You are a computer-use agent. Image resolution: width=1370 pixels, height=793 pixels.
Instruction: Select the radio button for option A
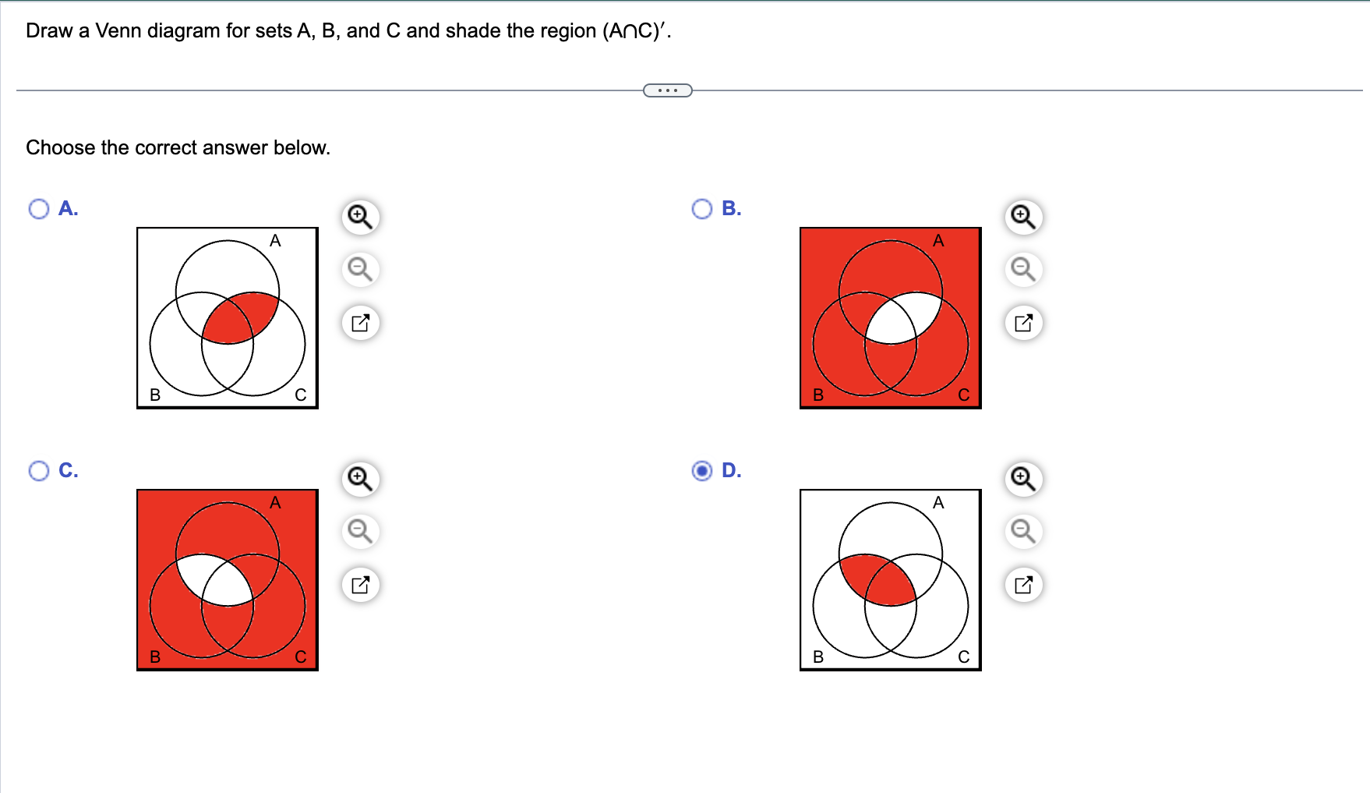coord(39,209)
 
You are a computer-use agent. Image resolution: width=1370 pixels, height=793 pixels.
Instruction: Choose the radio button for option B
coord(702,209)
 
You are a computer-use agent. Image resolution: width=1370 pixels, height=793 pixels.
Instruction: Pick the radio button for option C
coord(39,471)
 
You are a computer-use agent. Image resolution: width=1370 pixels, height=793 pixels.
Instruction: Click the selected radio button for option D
coord(702,471)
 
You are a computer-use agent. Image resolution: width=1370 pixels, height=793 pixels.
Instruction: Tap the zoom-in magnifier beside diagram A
coord(360,217)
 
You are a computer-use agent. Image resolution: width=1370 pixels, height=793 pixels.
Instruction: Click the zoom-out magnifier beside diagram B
coord(1023,270)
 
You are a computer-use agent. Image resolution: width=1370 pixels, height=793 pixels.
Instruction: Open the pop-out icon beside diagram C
coord(360,585)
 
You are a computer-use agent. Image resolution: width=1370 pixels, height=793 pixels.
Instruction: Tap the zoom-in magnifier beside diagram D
coord(1023,479)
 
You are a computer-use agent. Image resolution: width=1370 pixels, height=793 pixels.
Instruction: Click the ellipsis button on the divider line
coord(668,90)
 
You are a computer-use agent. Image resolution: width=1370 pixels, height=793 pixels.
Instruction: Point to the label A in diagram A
coord(275,241)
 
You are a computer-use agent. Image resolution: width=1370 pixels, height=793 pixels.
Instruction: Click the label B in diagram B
coord(818,395)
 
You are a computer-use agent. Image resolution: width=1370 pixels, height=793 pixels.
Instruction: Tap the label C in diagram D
coord(964,657)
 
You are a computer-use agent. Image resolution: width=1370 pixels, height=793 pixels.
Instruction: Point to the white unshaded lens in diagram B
coord(904,318)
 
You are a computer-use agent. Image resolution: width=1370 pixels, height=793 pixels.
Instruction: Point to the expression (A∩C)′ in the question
coord(636,31)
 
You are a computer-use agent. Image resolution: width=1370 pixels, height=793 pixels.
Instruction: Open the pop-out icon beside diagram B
coord(1023,323)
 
